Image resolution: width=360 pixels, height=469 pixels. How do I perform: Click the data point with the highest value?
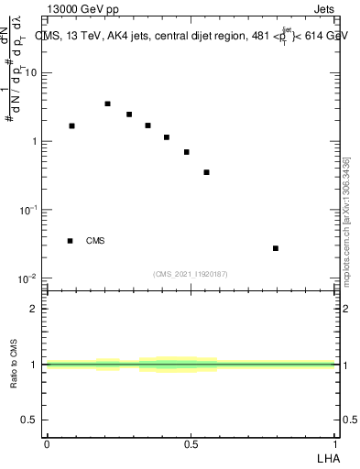point(108,104)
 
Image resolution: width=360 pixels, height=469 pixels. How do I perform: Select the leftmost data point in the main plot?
point(71,125)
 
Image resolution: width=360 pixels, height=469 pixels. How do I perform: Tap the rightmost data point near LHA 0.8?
point(276,248)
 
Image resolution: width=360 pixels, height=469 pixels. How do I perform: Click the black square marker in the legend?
point(70,241)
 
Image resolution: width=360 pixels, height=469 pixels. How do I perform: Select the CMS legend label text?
point(95,241)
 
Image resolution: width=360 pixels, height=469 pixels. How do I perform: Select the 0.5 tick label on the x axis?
point(191,444)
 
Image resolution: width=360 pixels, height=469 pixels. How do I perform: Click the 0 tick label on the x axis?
point(47,444)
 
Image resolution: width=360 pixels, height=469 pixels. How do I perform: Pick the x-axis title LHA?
point(327,457)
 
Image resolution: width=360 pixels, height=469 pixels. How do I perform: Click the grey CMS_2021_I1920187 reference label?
point(191,273)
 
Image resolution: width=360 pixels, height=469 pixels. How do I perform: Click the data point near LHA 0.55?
point(207,172)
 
